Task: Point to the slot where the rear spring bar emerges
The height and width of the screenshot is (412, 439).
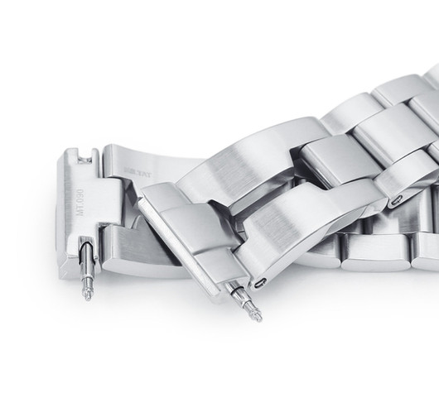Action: (85, 248)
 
